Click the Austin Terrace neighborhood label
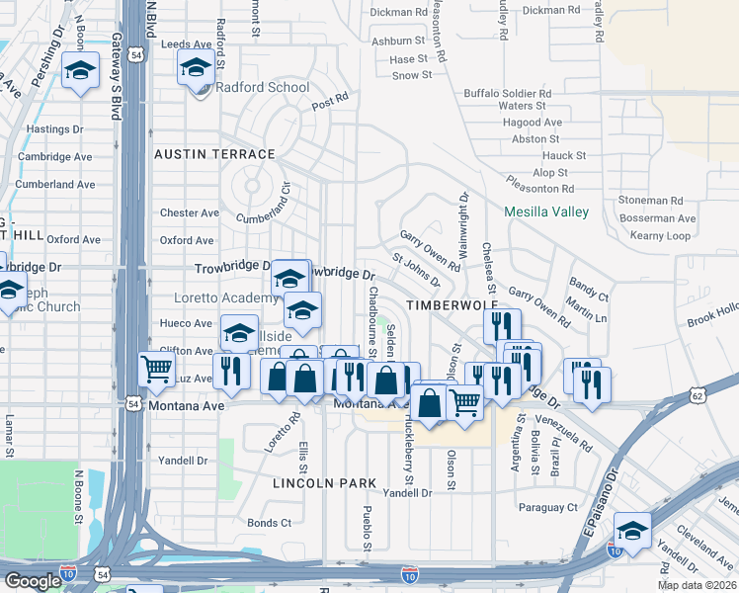pos(214,154)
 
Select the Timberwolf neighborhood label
pos(445,307)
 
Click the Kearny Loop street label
pos(660,236)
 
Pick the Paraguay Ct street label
pos(548,507)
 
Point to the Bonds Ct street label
pos(269,523)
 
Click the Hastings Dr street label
pos(54,129)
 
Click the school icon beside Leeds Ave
pos(196,68)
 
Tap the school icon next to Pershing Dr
pos(81,70)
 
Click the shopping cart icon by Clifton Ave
pos(157,371)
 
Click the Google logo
pos(33,580)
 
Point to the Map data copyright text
pos(697,585)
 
